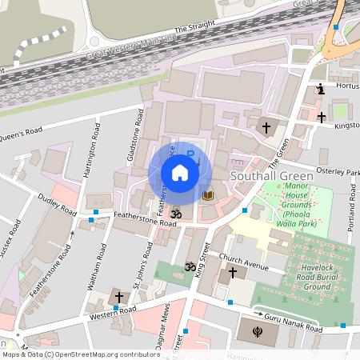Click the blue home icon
click(x=180, y=172)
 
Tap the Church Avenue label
click(x=243, y=259)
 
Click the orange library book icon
click(x=207, y=195)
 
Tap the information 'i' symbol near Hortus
click(x=320, y=89)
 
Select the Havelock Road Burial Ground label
click(x=306, y=276)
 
